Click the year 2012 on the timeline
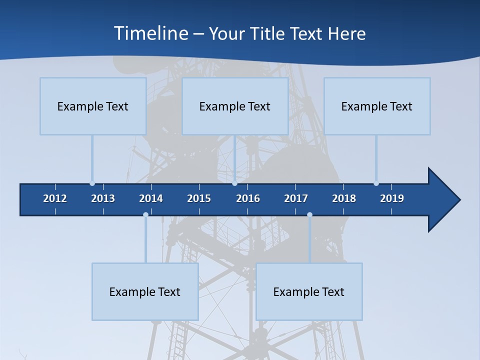click(55, 198)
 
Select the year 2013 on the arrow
click(103, 198)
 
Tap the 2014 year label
click(151, 198)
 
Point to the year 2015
click(199, 198)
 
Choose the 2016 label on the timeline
click(248, 198)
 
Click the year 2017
click(296, 198)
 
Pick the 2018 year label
click(344, 198)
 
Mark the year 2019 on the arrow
click(392, 198)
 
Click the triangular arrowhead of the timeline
click(443, 200)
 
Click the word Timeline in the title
click(150, 33)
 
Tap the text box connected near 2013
click(93, 106)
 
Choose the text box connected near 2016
click(235, 106)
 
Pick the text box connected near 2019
click(377, 106)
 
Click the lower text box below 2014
click(145, 291)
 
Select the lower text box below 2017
click(309, 291)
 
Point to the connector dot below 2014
click(145, 215)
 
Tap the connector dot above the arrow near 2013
click(92, 183)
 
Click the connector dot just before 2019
click(376, 183)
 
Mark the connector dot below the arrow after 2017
click(309, 215)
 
